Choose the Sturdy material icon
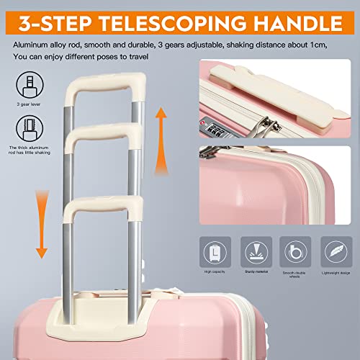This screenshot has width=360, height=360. [256, 249]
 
